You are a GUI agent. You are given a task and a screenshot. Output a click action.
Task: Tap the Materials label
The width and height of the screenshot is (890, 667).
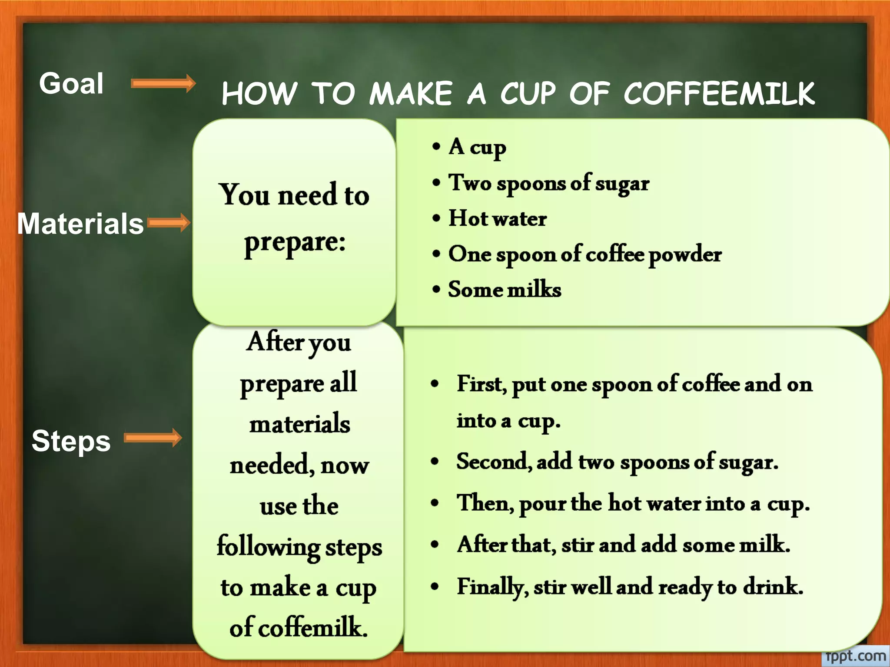80,224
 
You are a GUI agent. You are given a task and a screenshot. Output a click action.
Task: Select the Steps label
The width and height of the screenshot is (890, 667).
71,441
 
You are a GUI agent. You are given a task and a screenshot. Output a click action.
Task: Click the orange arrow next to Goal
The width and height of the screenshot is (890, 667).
163,83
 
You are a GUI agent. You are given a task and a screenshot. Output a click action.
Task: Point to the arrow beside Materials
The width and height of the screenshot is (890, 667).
169,223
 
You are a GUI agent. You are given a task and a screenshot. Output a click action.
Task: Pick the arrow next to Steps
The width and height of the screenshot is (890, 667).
153,438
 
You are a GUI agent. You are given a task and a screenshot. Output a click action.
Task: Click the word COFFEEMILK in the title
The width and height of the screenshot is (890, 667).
719,93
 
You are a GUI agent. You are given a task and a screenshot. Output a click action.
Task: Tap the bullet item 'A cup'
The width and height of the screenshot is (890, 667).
477,147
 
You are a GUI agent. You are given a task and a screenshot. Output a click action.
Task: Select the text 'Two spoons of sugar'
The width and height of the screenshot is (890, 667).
549,183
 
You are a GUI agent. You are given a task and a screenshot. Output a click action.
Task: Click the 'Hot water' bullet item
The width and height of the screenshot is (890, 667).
498,218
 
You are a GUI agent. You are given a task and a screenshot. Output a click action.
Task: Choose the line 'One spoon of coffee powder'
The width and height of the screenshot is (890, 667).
585,254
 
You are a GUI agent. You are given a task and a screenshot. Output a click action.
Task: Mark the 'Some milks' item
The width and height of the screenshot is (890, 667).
505,290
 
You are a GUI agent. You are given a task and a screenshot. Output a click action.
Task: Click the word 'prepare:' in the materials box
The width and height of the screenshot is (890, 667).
295,242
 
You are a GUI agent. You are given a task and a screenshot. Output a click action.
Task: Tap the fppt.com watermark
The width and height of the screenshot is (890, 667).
855,656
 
